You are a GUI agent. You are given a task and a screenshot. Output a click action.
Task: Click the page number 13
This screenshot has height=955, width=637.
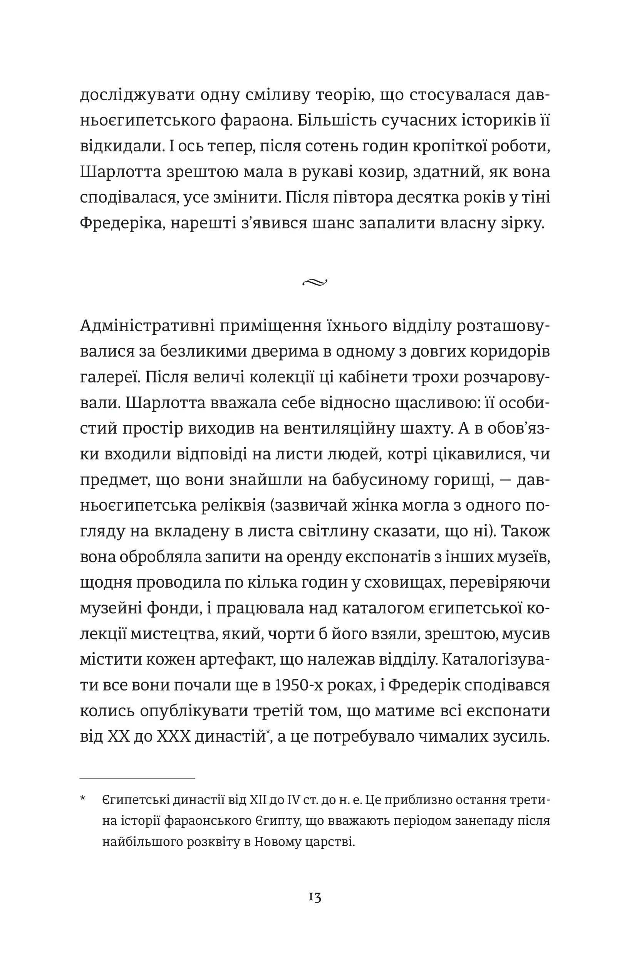315,897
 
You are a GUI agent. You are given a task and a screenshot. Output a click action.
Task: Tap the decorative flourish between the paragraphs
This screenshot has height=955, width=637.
315,282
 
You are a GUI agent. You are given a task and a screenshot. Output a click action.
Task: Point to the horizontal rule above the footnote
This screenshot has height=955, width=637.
137,778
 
